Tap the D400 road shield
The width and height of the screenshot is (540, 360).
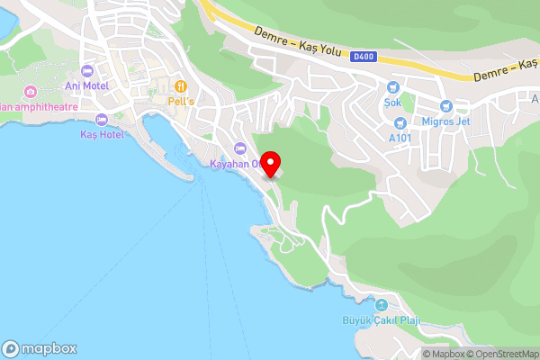click(x=363, y=56)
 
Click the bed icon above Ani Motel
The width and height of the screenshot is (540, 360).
click(x=87, y=71)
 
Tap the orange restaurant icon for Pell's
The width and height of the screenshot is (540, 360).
click(x=181, y=85)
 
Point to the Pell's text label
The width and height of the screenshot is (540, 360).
click(x=181, y=101)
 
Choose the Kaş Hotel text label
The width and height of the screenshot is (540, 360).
click(x=101, y=134)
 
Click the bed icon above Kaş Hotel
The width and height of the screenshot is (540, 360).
click(x=101, y=120)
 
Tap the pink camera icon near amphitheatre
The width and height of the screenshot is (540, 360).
click(x=31, y=91)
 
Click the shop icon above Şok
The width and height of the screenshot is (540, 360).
click(x=392, y=87)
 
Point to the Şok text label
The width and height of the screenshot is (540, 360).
click(x=392, y=102)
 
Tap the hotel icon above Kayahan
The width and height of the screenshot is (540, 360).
click(x=238, y=148)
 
